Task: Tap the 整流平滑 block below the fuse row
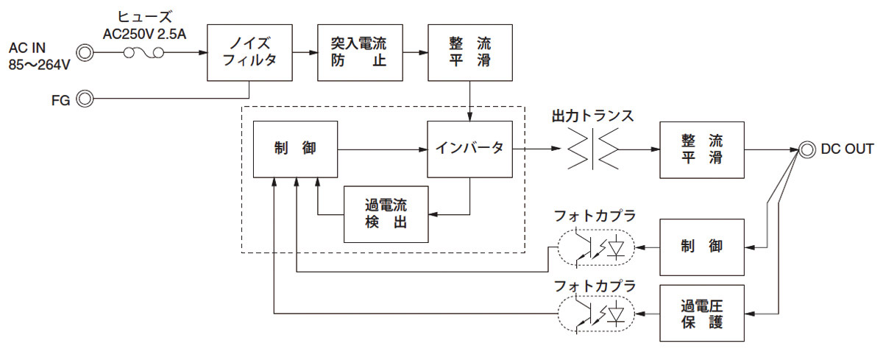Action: [469, 52]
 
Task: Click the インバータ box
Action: [469, 149]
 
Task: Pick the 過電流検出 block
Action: [386, 214]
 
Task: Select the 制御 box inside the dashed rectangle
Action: [295, 149]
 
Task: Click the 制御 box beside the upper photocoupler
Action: [702, 246]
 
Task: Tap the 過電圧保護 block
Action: [702, 313]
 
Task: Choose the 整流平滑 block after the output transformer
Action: [702, 149]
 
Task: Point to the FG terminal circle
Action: [85, 98]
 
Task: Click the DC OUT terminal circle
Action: [806, 149]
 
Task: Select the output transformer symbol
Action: [592, 149]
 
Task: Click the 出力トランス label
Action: [592, 116]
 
